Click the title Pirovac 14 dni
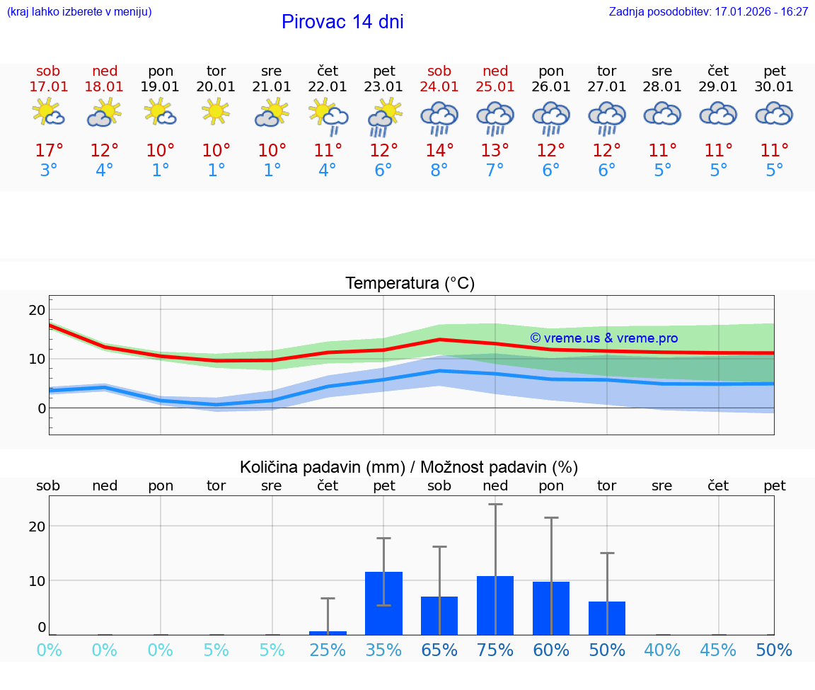(x=342, y=22)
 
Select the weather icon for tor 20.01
(x=216, y=112)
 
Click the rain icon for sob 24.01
(x=439, y=117)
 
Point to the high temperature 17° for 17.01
(x=49, y=151)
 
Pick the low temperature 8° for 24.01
(x=439, y=171)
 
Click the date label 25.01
(x=495, y=87)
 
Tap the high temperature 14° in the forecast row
(x=439, y=151)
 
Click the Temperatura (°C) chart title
(x=410, y=284)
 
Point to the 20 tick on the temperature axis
(x=37, y=310)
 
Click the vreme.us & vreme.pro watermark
(x=604, y=338)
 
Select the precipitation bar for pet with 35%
(x=383, y=603)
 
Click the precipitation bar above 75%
(x=495, y=605)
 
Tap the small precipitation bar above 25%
(x=328, y=633)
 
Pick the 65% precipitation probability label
(x=439, y=650)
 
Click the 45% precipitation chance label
(x=719, y=650)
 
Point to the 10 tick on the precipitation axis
(x=37, y=580)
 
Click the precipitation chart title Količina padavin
(x=408, y=467)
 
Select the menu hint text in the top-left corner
(x=79, y=12)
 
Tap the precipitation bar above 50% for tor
(x=607, y=618)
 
